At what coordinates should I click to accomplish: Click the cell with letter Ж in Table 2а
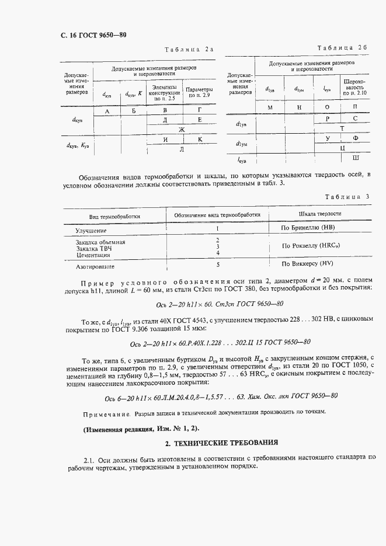(x=182, y=129)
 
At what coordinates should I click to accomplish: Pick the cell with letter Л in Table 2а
(x=182, y=149)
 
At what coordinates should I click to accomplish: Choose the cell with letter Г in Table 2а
(x=200, y=110)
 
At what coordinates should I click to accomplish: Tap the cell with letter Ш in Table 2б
(x=356, y=158)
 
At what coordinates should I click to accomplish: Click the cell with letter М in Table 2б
(x=270, y=108)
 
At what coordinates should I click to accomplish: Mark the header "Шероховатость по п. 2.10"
(x=355, y=87)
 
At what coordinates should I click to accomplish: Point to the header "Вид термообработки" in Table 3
(x=114, y=216)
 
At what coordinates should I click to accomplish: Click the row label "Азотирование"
(x=95, y=266)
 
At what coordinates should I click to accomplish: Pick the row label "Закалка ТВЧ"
(x=94, y=249)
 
